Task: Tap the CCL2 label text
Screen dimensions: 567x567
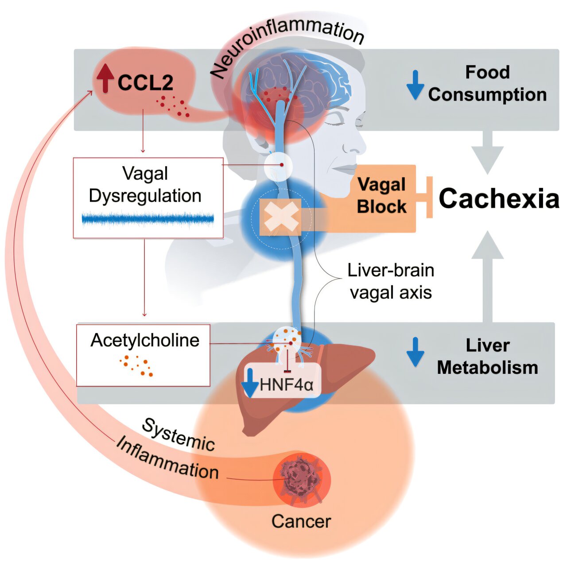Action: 145,83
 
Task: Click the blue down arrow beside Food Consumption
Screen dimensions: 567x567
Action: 415,84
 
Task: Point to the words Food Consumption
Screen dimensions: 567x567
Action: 487,83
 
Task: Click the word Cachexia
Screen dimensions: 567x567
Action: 499,198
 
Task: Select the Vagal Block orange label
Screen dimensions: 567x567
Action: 382,196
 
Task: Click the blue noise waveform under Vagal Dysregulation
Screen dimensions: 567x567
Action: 148,219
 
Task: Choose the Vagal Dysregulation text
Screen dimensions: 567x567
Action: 145,184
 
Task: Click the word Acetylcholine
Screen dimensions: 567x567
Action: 145,340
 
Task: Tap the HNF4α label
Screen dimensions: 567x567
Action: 287,384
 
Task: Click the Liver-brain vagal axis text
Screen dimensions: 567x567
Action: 390,281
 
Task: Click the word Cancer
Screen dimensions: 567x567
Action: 301,521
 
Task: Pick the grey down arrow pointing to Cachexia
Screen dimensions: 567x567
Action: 487,153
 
